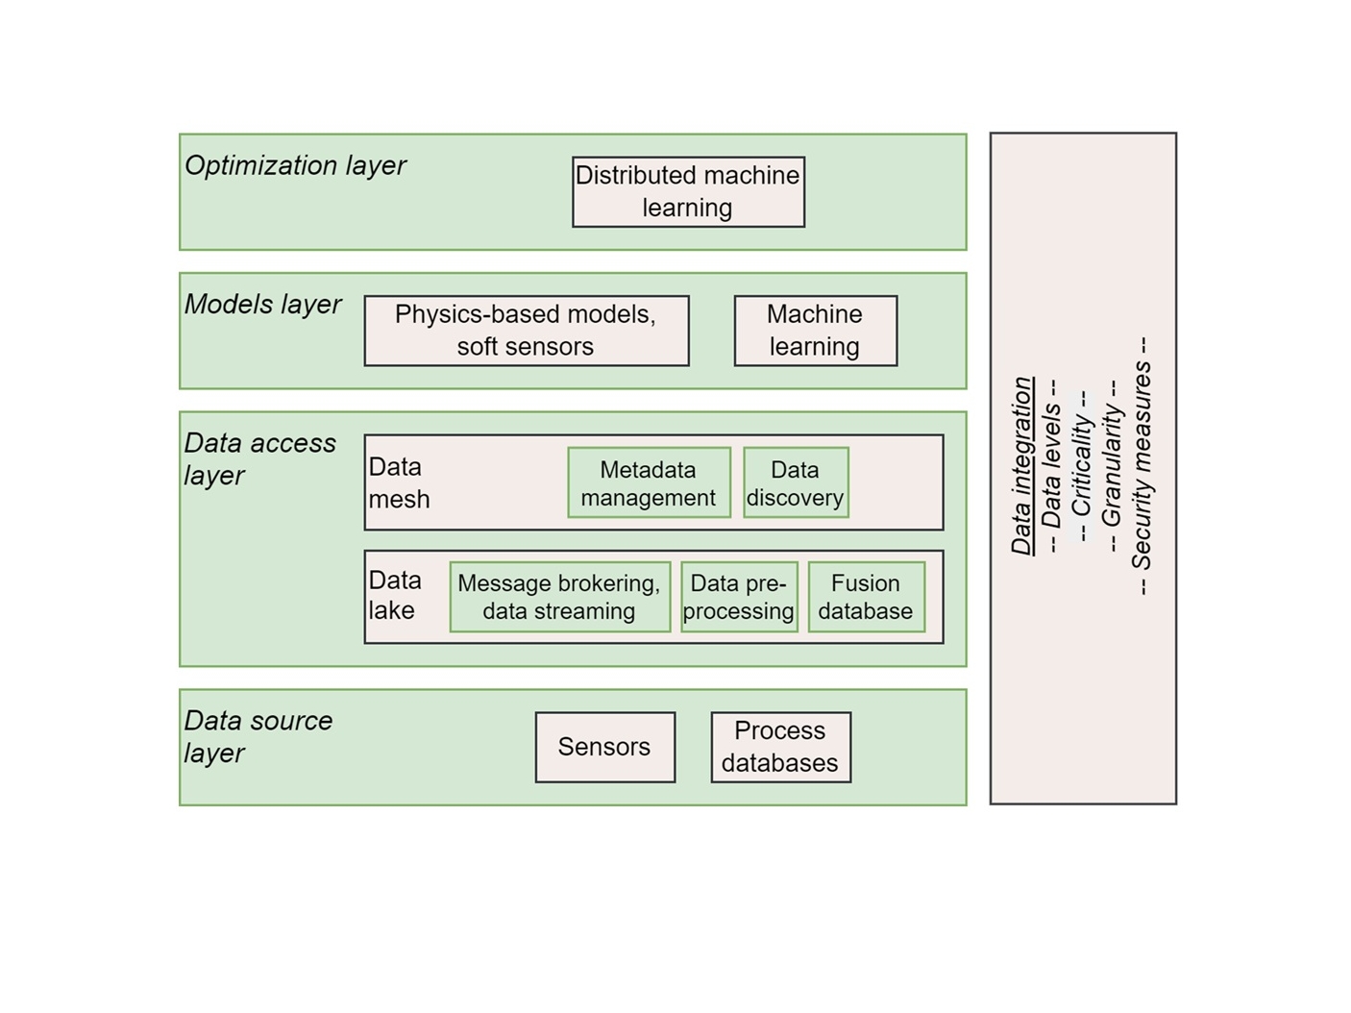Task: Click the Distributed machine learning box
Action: coord(688,192)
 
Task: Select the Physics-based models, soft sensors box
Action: coord(526,331)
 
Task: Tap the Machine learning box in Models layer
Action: coord(815,331)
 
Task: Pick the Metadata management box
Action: coord(649,482)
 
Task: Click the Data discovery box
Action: coord(796,482)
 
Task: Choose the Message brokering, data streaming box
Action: coord(559,597)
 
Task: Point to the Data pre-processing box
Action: coord(739,597)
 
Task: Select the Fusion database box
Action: coord(866,597)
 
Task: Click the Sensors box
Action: coord(604,747)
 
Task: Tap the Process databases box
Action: coord(780,747)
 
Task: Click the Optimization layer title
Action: coord(295,165)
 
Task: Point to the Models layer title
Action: coord(262,304)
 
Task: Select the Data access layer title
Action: coord(259,458)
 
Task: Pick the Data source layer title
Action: coord(258,736)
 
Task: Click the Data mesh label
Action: coord(399,482)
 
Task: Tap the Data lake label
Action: coord(394,595)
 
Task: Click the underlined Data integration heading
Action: coord(1022,466)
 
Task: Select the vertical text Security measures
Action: coord(1142,466)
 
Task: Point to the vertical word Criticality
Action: coord(1082,466)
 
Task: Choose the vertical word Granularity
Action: coord(1112,466)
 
